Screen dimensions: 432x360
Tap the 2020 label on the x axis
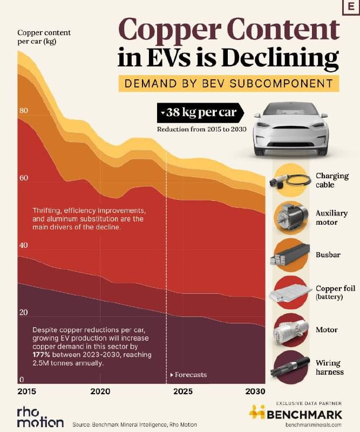[101, 390]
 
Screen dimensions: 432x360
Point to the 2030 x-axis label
[254, 390]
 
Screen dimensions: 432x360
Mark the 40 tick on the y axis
[23, 246]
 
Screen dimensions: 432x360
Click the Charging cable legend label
[332, 180]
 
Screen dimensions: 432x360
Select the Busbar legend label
[328, 254]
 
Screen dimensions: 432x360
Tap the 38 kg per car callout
[200, 114]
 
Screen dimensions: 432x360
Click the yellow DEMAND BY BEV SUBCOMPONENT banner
[229, 84]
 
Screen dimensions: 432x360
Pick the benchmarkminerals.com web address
[314, 425]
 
